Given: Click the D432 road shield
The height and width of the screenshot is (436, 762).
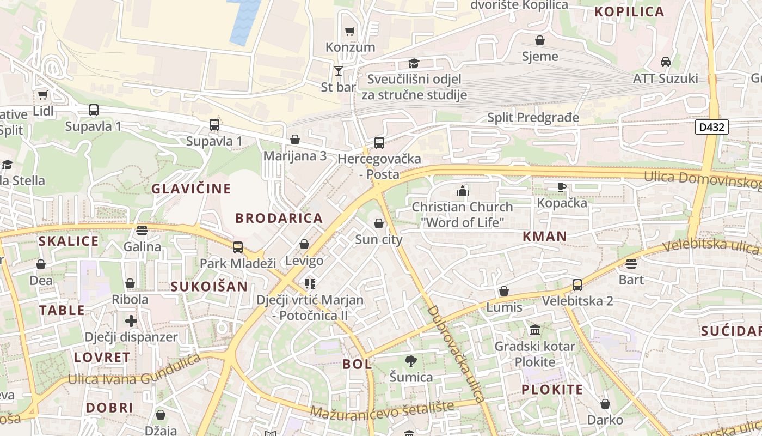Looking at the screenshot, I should coord(711,127).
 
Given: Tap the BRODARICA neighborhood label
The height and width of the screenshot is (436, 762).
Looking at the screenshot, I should coord(279,218).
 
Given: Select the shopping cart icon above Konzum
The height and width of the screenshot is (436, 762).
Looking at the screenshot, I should coord(350,31).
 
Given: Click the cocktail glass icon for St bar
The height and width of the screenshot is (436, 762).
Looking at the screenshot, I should coord(339,70).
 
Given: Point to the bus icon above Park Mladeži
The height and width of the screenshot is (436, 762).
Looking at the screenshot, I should coord(238,247).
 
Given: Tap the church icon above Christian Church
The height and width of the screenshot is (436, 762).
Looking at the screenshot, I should coord(462,191).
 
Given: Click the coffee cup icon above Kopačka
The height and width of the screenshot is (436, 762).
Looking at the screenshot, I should coord(562,187).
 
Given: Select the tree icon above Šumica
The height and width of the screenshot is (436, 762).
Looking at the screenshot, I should coord(411,361).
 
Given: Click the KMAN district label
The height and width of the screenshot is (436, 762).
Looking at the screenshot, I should coord(544,236).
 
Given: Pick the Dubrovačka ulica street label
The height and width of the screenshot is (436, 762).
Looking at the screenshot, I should coord(456,354).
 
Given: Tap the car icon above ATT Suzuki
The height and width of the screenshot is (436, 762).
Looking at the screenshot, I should coord(665,62).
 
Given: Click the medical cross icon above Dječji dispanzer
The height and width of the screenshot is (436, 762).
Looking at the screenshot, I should coord(131,321).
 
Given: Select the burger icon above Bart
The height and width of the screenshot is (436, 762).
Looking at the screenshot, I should coord(631,264).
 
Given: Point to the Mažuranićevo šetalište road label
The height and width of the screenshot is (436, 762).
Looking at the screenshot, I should coord(382,410).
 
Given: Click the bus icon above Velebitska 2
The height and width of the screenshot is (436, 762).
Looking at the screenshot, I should coord(577,284).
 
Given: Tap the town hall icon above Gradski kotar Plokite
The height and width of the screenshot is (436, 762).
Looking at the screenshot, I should coord(534,330).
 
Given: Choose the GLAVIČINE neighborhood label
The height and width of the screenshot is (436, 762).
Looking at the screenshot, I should coord(191,189).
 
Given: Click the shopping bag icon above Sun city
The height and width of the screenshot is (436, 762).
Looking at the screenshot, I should coord(379,223).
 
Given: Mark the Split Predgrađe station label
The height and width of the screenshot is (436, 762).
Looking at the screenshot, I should coord(533,117).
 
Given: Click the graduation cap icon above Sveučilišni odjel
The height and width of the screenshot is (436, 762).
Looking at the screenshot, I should coord(414,63).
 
